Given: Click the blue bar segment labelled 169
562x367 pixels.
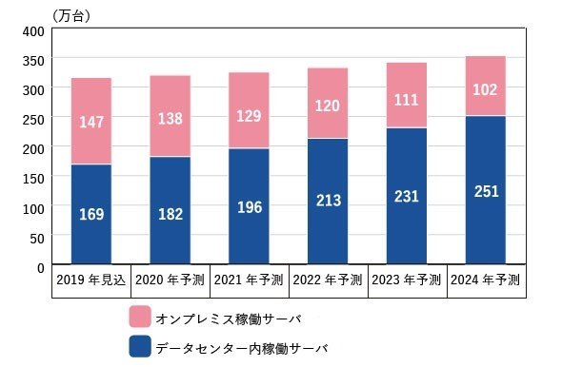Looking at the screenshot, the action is tap(91, 214).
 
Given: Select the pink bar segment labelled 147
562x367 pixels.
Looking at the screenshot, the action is tap(91, 121).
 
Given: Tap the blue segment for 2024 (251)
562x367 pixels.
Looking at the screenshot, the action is tap(485, 190).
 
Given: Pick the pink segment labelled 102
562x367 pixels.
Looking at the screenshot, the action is tap(485, 86).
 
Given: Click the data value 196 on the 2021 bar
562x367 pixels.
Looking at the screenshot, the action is tap(250, 207).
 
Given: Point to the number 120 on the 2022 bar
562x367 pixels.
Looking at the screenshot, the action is tap(328, 106).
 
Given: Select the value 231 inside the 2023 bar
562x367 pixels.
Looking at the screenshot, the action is tap(407, 197).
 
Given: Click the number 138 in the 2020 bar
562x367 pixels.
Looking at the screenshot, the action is tap(171, 119).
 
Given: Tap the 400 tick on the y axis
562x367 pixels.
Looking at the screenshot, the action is tap(33, 31).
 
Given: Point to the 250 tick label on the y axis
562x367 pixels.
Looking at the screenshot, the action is tap(33, 120).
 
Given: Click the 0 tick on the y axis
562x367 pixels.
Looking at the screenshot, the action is tap(41, 268).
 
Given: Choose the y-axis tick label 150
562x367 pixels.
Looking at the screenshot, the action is tap(33, 179).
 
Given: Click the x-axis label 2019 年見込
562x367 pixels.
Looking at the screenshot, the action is tap(91, 280).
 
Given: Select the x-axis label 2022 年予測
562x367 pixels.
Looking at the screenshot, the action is tap(328, 280).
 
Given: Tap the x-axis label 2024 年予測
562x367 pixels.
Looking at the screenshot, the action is tap(485, 280).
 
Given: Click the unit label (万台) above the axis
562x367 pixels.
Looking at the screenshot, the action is tap(71, 16).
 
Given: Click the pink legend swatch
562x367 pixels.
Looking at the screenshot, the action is tap(140, 317).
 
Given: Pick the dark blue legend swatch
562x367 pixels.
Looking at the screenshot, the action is tap(140, 346).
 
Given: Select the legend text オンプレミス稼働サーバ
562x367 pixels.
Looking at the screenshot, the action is tap(229, 319).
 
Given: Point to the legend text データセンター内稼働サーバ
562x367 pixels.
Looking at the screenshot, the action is tap(242, 348).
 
